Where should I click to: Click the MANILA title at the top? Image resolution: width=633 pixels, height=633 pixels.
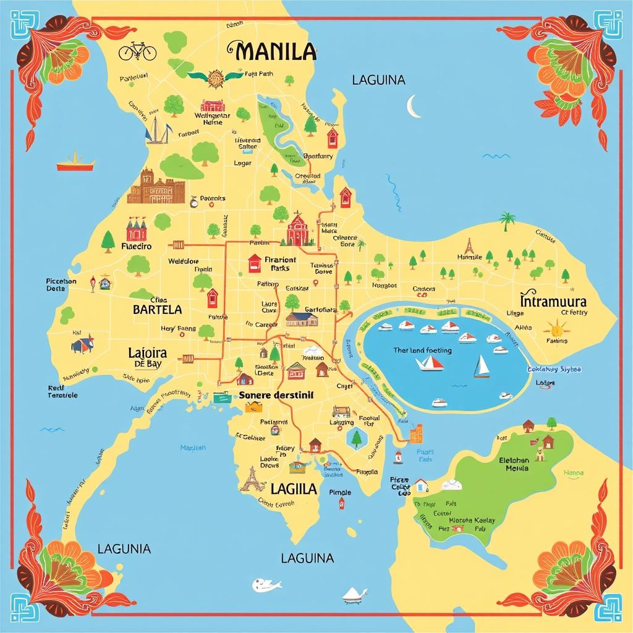[x=271, y=51]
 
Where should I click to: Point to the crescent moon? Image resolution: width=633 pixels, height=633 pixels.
[x=414, y=106]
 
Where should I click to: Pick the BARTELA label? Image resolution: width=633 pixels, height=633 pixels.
[x=157, y=309]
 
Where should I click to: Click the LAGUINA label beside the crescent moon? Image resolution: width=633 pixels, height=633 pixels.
[x=378, y=80]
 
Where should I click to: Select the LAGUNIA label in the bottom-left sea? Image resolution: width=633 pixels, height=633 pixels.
[x=124, y=548]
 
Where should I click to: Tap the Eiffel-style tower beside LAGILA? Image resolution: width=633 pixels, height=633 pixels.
[x=251, y=478]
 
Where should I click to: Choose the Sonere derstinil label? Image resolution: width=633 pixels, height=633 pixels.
[x=276, y=394]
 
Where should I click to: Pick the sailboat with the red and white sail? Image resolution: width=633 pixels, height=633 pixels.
[x=430, y=363]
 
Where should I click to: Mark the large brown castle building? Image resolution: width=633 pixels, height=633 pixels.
[x=155, y=188]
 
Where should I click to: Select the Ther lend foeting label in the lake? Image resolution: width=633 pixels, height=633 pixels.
[x=422, y=350]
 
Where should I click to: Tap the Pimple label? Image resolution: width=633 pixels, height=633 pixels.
[x=340, y=493]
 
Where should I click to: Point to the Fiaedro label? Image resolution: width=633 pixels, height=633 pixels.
[x=137, y=246]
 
